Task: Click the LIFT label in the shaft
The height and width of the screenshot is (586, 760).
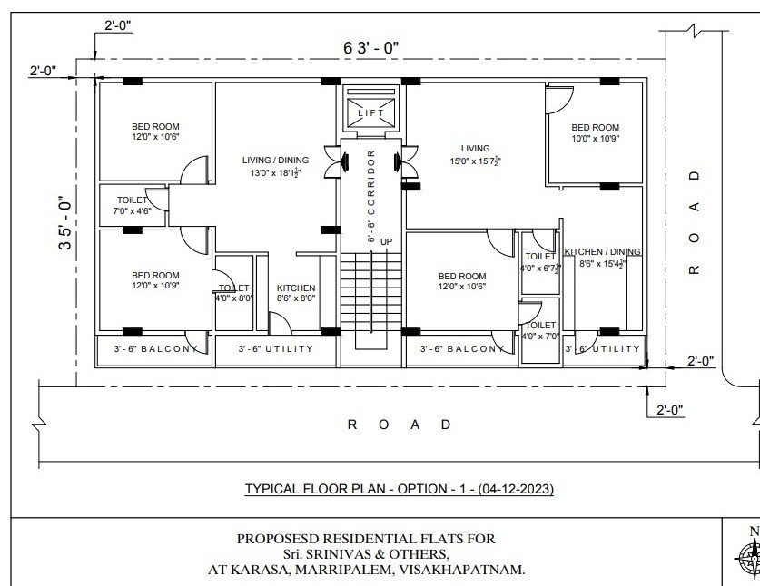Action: click(370, 112)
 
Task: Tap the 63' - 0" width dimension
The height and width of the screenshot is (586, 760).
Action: click(371, 48)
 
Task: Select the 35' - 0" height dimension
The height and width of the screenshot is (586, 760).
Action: click(65, 223)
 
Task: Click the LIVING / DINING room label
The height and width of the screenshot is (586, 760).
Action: click(275, 166)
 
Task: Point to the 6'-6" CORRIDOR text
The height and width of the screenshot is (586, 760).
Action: click(371, 196)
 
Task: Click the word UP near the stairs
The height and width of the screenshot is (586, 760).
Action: click(386, 241)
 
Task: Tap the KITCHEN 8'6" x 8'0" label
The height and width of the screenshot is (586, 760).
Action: click(296, 293)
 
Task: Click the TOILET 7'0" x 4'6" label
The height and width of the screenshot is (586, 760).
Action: click(132, 205)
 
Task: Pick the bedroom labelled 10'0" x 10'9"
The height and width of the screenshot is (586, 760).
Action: click(596, 132)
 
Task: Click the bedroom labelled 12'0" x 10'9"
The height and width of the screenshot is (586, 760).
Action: click(155, 280)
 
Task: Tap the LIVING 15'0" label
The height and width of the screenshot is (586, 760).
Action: click(475, 154)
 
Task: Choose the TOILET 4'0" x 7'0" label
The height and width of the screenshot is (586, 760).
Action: click(540, 331)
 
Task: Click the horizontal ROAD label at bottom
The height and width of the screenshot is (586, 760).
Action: click(400, 425)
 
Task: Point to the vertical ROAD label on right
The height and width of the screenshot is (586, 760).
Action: click(695, 222)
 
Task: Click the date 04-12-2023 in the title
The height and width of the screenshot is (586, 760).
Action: click(516, 489)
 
